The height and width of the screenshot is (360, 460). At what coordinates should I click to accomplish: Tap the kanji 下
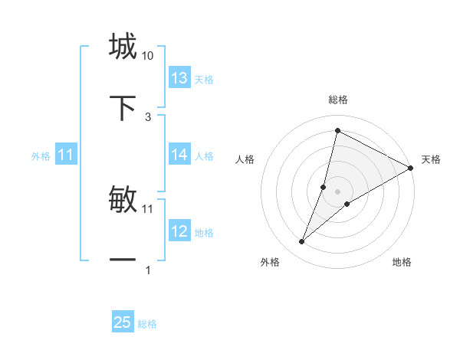[x=123, y=108]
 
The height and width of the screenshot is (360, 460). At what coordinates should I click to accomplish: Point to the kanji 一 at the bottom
[x=123, y=260]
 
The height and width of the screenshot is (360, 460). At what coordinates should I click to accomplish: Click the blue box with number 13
[x=179, y=78]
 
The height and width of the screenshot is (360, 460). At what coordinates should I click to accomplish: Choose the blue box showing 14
[x=179, y=155]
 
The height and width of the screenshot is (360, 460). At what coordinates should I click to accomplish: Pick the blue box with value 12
[x=179, y=231]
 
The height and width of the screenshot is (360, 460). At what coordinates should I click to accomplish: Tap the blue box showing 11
[x=66, y=155]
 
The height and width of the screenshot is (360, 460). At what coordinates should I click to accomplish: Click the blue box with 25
[x=123, y=322]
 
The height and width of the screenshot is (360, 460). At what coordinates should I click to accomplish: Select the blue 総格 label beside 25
[x=147, y=324]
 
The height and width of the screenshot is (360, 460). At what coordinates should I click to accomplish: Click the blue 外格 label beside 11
[x=41, y=156]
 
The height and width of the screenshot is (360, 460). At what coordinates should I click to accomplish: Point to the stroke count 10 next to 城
[x=148, y=56]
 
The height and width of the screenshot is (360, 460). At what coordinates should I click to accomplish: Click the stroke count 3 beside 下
[x=148, y=116]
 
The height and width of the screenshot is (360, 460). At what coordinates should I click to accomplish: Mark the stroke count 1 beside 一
[x=148, y=270]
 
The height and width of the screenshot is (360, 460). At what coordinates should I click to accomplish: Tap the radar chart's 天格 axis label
[x=431, y=159]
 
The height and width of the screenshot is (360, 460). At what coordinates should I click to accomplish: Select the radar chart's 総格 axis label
[x=338, y=100]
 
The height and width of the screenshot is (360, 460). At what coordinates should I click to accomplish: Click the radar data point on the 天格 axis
[x=411, y=168]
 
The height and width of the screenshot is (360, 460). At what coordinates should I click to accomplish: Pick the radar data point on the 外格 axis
[x=302, y=242]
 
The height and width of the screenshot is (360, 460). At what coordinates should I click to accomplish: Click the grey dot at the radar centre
[x=338, y=191]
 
